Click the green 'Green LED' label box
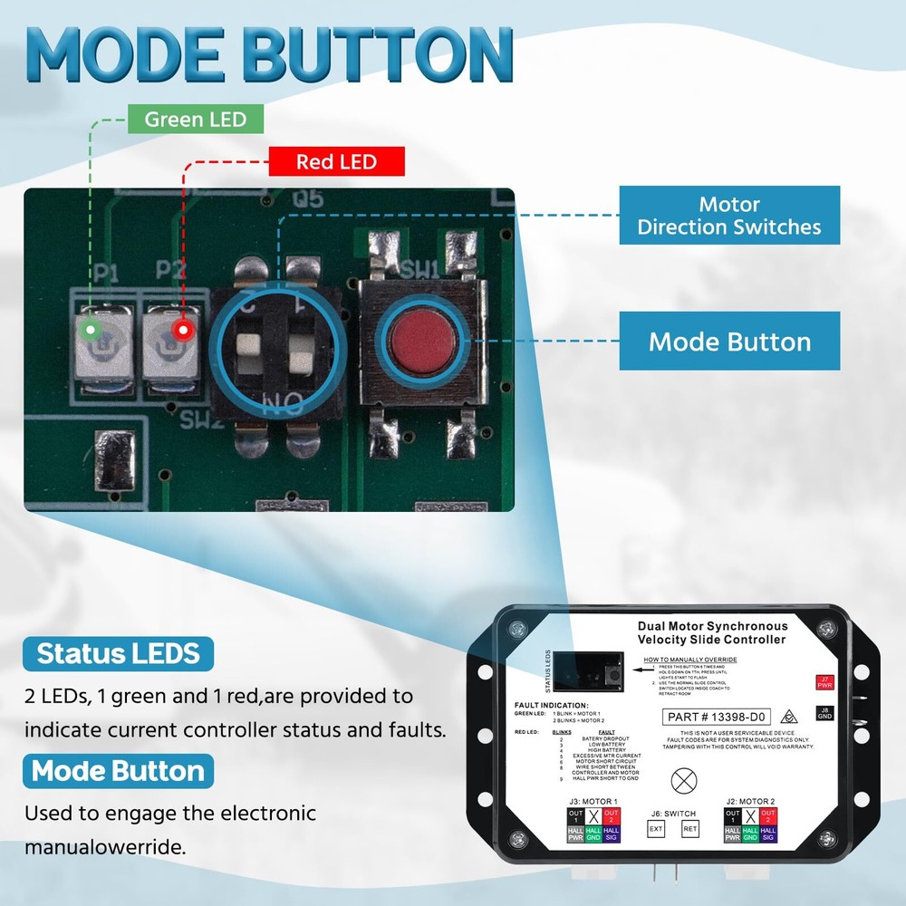point(196,119)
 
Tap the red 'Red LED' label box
point(336,162)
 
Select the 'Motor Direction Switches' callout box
point(729,216)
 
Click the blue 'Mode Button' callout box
point(729,342)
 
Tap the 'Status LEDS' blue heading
point(119,654)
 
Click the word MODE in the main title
point(131,56)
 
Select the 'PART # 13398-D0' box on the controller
point(716,717)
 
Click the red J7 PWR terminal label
point(824,682)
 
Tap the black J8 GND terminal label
point(824,713)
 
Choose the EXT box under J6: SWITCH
point(656,828)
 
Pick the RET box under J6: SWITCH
point(690,828)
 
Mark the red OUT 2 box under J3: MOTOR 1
point(611,816)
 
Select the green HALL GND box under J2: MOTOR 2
point(750,834)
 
